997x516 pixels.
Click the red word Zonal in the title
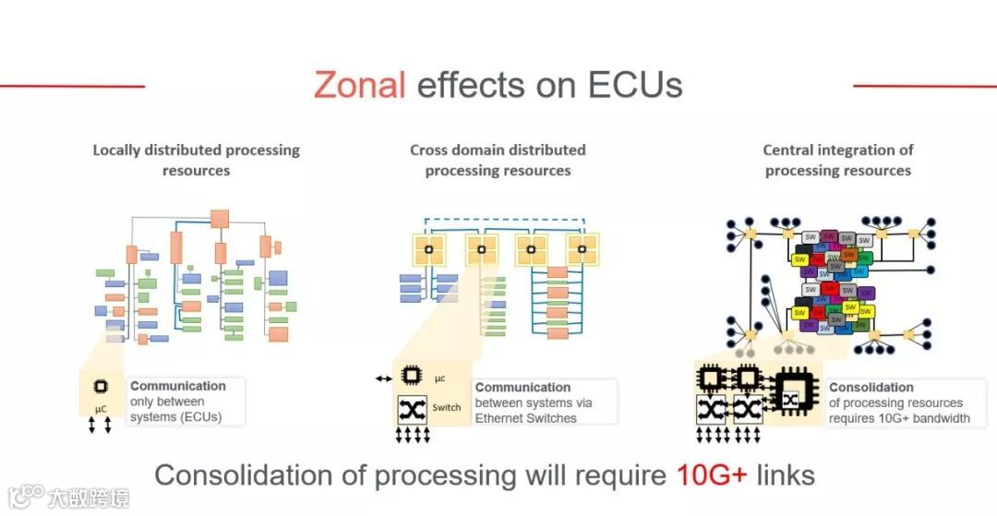[x=359, y=85]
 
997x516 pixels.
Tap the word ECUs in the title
[x=635, y=85]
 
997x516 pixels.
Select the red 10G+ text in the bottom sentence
[x=712, y=475]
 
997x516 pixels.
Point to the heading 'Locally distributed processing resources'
[x=196, y=160]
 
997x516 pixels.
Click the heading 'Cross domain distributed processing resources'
[x=498, y=160]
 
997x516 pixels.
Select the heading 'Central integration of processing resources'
[x=837, y=160]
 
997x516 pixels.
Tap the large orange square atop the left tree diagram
[x=220, y=219]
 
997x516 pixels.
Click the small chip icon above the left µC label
[x=100, y=388]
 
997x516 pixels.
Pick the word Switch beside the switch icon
[x=447, y=407]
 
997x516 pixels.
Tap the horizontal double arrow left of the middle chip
[x=383, y=378]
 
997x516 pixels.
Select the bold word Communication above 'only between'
[x=178, y=386]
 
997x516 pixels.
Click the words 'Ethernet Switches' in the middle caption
[x=526, y=418]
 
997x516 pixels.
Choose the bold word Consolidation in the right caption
[x=871, y=388]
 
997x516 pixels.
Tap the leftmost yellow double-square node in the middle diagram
[x=428, y=247]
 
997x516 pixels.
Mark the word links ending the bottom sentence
[x=785, y=475]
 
